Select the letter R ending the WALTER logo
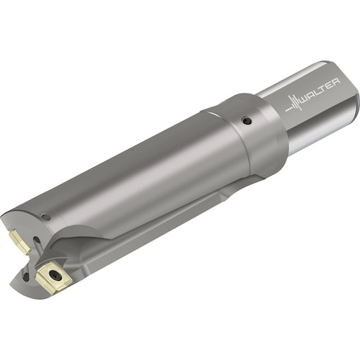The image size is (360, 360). (336, 81)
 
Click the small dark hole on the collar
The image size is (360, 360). (246, 120)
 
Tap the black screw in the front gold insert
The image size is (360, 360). (55, 275)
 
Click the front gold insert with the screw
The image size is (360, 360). (53, 277)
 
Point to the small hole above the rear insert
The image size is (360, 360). (47, 217)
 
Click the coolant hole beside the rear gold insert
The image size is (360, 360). (36, 240)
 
